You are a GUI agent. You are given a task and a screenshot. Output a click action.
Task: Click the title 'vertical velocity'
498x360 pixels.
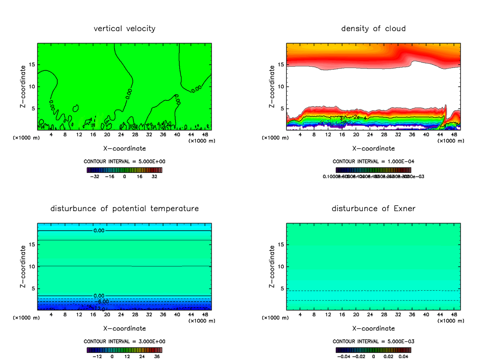[x=124, y=29]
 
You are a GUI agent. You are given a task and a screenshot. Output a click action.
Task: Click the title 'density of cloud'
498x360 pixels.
[x=373, y=29]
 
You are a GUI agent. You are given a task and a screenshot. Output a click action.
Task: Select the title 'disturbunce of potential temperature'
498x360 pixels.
[x=124, y=208]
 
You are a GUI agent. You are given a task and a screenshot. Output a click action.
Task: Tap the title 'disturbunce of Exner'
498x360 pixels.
[x=373, y=208]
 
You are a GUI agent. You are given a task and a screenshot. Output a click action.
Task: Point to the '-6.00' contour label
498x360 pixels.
[x=103, y=302]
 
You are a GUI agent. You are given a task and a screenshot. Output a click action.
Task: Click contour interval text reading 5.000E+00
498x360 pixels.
[x=124, y=161]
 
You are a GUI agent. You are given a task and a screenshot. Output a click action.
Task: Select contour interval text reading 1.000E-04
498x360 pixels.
[x=373, y=161]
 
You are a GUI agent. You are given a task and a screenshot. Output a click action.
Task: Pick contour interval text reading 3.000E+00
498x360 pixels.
[x=124, y=341]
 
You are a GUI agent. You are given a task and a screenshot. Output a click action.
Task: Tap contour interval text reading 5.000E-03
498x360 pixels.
[x=373, y=341]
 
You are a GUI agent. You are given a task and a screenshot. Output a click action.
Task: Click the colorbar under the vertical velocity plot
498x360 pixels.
[x=124, y=170]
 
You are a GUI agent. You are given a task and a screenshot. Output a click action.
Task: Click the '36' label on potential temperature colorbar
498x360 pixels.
[x=157, y=356]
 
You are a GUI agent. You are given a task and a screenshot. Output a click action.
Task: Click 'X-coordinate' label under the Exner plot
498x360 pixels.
[x=373, y=328]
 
